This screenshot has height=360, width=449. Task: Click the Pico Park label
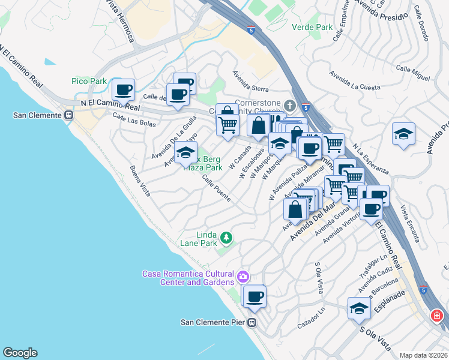[89, 81]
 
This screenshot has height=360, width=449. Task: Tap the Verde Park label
[312, 27]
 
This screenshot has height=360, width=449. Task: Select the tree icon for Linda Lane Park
[226, 238]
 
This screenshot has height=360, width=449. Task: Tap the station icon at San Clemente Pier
[252, 323]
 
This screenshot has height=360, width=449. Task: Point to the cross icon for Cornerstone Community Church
[291, 106]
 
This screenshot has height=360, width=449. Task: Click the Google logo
[20, 353]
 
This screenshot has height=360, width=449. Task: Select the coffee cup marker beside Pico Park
[124, 90]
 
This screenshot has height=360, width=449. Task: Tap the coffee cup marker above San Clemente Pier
[255, 296]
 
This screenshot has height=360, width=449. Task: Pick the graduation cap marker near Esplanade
[359, 308]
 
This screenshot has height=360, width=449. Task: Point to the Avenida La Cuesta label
[355, 81]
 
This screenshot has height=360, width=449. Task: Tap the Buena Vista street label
[140, 182]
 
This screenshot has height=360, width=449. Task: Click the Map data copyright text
[423, 355]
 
